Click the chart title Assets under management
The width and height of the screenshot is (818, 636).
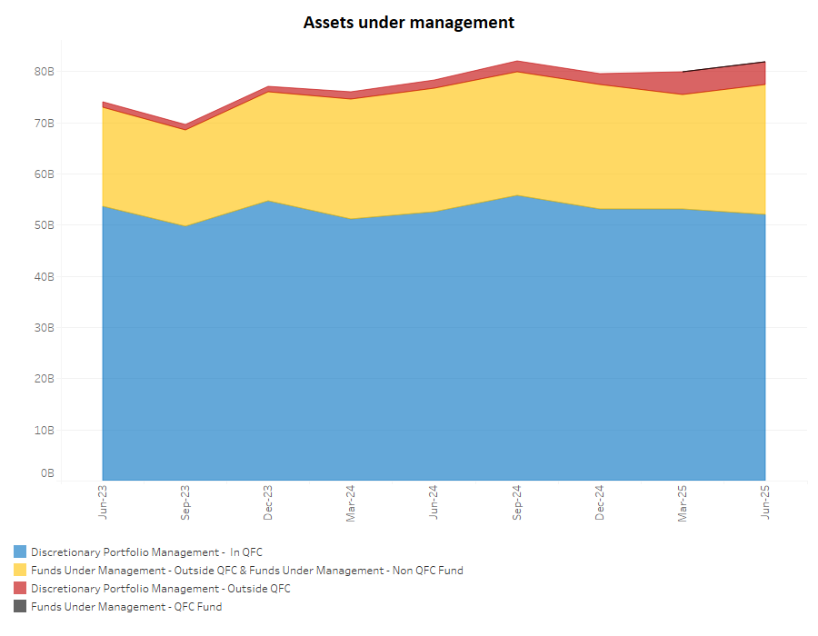click(408, 22)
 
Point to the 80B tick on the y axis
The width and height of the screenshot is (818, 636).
click(45, 71)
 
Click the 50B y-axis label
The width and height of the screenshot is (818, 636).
click(45, 224)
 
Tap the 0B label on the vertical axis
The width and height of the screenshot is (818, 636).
click(47, 473)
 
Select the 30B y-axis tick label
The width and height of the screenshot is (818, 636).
click(45, 327)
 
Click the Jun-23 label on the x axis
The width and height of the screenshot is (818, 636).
click(103, 501)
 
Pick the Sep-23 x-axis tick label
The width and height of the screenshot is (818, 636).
click(185, 501)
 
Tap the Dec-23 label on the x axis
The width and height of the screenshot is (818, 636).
click(268, 501)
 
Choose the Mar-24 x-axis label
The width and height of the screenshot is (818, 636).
click(351, 501)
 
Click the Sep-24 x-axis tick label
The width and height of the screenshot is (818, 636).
click(517, 501)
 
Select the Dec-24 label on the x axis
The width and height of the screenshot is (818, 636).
click(600, 501)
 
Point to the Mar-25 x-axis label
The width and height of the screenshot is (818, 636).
click(683, 501)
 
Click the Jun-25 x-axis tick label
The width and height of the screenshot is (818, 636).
click(765, 501)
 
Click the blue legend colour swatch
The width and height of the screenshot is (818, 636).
click(20, 552)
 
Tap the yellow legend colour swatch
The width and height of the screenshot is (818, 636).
click(20, 571)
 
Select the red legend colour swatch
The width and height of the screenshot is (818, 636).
click(20, 589)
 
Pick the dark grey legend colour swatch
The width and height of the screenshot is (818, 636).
click(20, 607)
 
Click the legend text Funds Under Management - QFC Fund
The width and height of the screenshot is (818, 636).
click(125, 607)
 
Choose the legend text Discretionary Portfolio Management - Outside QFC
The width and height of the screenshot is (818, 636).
click(160, 589)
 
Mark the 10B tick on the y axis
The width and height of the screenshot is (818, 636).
click(45, 430)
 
